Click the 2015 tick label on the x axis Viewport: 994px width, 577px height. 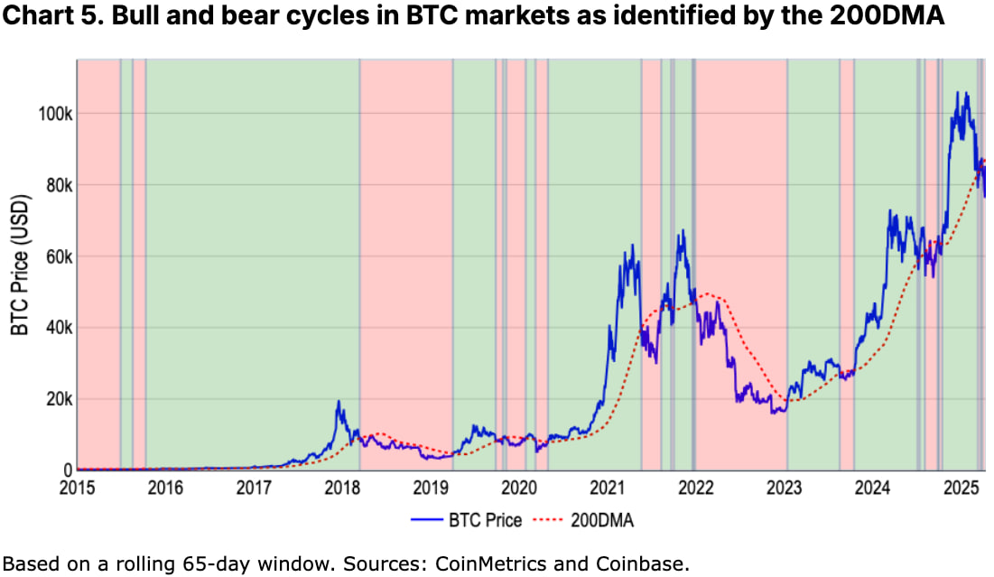(x=77, y=489)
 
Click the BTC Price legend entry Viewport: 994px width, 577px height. (x=484, y=520)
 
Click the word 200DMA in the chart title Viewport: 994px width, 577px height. (x=889, y=19)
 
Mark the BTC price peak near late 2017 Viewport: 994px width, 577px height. (x=339, y=401)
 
